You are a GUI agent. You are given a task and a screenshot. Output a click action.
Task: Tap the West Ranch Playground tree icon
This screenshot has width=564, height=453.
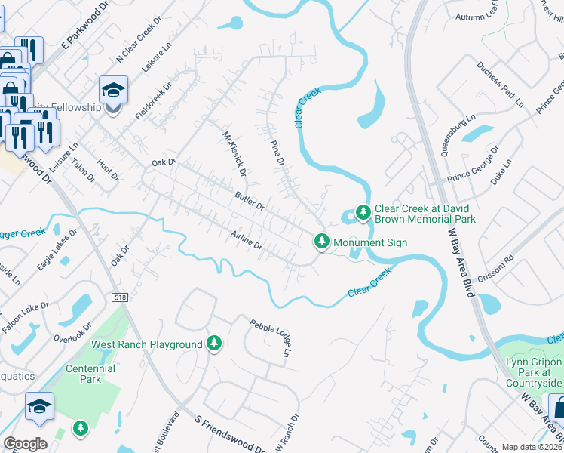(x=214, y=344)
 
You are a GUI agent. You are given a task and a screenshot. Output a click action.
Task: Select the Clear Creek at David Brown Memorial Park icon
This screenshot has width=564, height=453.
(x=363, y=213)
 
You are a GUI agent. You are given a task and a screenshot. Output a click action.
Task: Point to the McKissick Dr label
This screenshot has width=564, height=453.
(x=235, y=153)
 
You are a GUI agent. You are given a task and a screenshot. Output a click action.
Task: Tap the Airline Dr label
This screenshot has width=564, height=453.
(x=247, y=241)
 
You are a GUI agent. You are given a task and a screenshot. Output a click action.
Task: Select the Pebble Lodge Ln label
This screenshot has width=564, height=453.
(x=271, y=337)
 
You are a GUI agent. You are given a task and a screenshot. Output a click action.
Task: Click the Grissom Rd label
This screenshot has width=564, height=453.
(x=498, y=262)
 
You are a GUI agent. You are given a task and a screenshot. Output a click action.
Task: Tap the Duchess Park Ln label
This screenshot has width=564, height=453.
(x=499, y=86)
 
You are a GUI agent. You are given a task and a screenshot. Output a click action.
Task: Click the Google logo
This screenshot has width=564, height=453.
(x=25, y=443)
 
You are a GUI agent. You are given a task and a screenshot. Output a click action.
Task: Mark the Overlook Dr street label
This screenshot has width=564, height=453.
(x=72, y=332)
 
